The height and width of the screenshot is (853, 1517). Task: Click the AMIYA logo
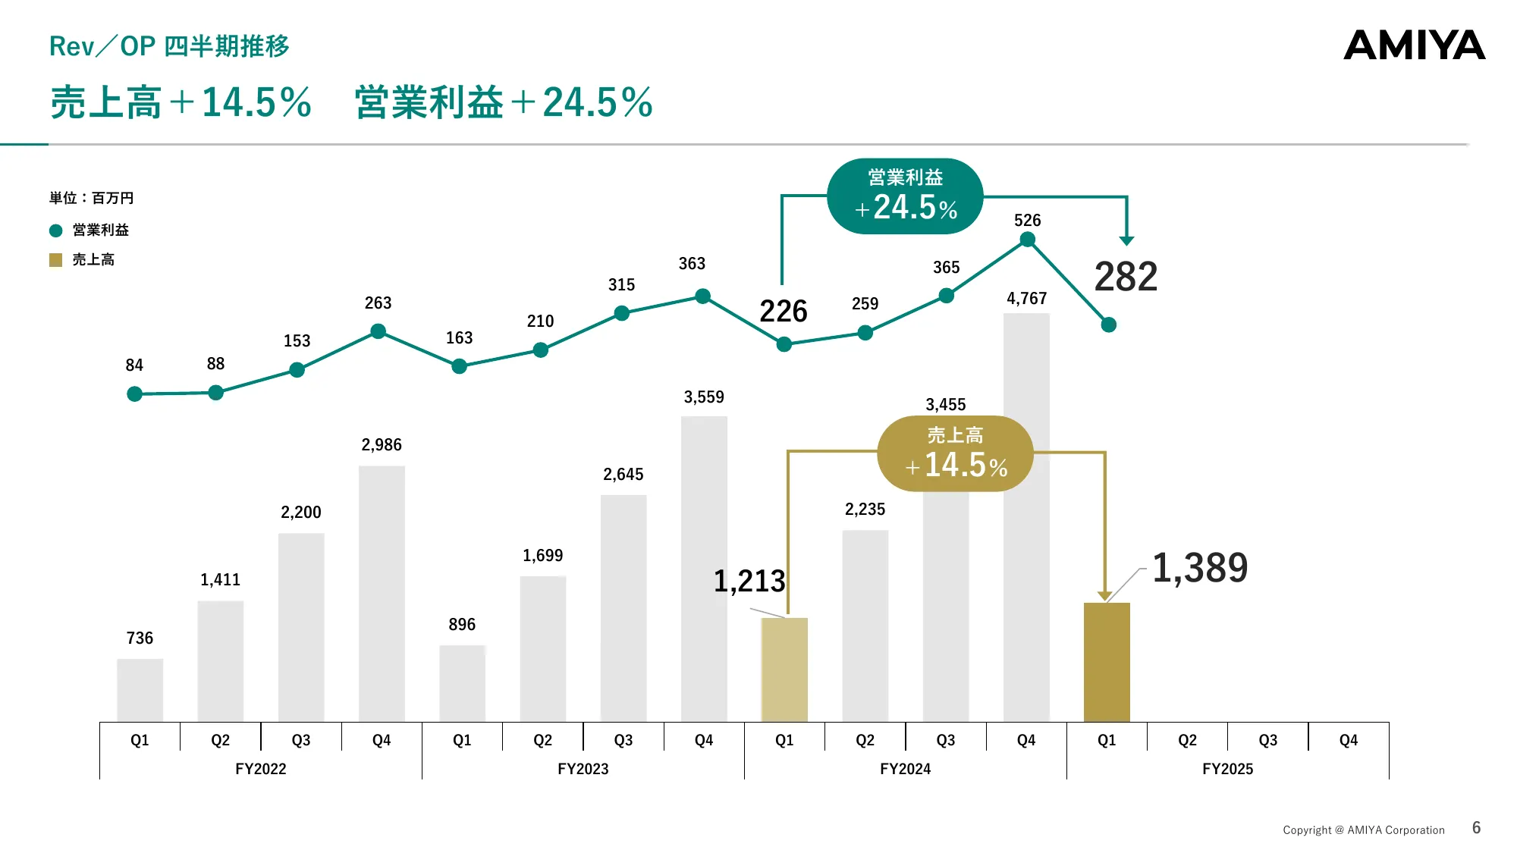[x=1414, y=45]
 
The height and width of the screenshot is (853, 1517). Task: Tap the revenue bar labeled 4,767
[x=1026, y=531]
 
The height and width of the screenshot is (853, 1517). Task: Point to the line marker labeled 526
[x=1028, y=240]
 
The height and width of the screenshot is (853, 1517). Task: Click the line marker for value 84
[x=134, y=394]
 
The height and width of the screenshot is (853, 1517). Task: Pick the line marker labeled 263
[x=378, y=331]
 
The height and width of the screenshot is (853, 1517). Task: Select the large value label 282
[x=1126, y=277]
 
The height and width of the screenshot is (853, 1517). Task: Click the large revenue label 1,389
[x=1200, y=568]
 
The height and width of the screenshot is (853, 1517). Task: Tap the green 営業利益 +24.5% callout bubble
[x=905, y=196]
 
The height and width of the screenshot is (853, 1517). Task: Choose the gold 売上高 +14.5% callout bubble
[x=956, y=453]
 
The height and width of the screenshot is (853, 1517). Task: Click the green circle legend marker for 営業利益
[x=55, y=230]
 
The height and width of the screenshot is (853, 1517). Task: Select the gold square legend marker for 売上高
[x=55, y=260]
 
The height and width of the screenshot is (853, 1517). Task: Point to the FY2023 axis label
[x=583, y=769]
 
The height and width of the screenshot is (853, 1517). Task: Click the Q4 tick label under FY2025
[x=1348, y=740]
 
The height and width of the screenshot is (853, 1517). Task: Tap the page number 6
[x=1476, y=828]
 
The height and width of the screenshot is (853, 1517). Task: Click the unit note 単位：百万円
[x=92, y=198]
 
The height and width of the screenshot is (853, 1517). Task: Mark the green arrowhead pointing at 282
[x=1126, y=240]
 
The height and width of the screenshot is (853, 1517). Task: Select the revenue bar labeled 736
[x=140, y=690]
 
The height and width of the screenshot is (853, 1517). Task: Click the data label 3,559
[x=704, y=397]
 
